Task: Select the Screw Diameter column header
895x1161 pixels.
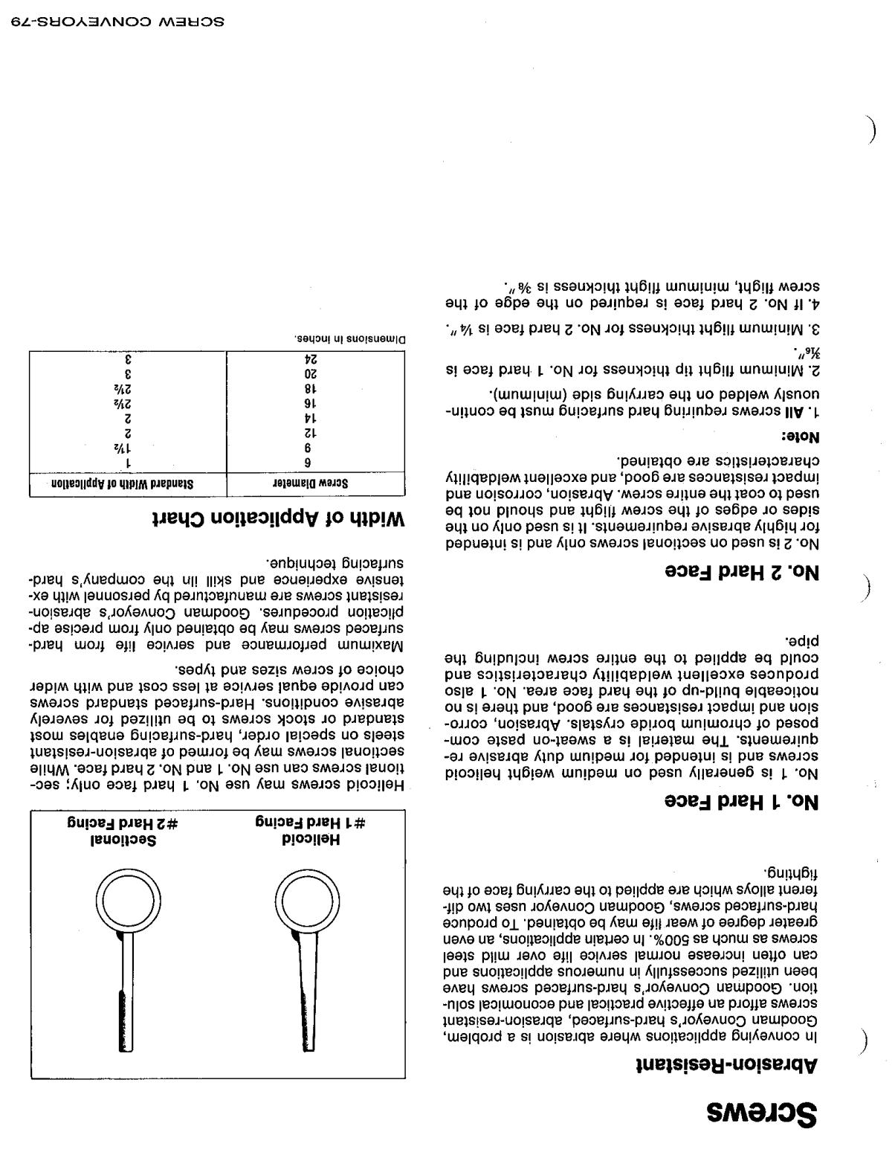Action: point(317,482)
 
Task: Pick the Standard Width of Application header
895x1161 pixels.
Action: point(129,482)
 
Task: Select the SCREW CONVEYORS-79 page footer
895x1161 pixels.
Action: point(118,20)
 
